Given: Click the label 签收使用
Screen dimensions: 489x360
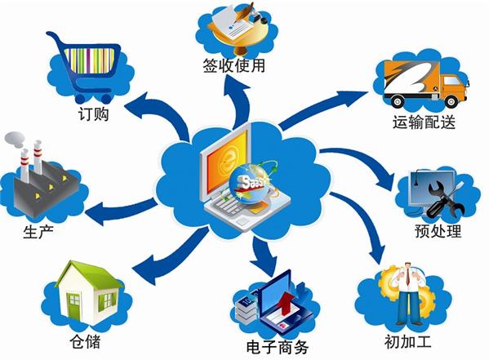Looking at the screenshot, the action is point(234,66).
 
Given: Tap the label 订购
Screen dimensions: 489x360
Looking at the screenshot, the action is point(93,113).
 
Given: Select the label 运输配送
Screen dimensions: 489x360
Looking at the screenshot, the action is point(424,122).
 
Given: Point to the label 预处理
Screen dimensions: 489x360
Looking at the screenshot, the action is point(438,231).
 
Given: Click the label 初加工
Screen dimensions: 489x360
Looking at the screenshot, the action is point(408,341).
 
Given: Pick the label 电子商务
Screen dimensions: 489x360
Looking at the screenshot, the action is point(278,347).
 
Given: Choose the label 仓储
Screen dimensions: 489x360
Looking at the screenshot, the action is point(85,341).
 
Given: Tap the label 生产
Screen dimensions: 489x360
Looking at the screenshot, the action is point(38,231).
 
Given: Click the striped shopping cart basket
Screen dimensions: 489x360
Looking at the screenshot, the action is point(90,60).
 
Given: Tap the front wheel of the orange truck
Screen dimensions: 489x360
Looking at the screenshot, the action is point(451,101).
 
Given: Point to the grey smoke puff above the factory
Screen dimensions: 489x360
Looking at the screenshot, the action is point(14,140).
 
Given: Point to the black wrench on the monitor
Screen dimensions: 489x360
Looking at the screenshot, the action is point(446,199).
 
